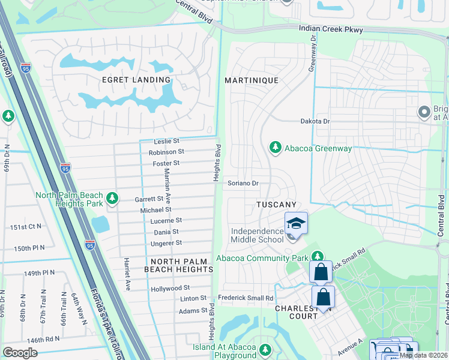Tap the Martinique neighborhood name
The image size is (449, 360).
[252, 80]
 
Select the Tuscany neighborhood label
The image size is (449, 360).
[277, 205]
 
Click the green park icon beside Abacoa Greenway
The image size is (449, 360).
[276, 147]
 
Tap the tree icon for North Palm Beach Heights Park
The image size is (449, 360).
[111, 198]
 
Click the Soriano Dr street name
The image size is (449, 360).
[243, 183]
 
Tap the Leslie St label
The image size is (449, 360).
[167, 142]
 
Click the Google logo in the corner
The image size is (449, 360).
[20, 352]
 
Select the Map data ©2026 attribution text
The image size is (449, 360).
[423, 355]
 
